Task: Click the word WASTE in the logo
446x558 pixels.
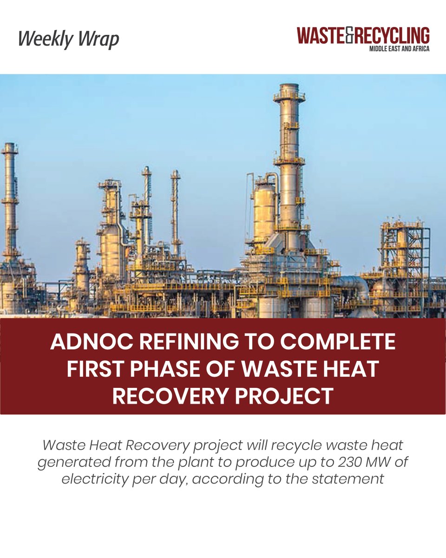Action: (322, 36)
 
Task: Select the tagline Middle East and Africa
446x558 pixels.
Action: (398, 48)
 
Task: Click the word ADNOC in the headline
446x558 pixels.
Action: (90, 342)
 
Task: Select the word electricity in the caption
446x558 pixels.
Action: (99, 478)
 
